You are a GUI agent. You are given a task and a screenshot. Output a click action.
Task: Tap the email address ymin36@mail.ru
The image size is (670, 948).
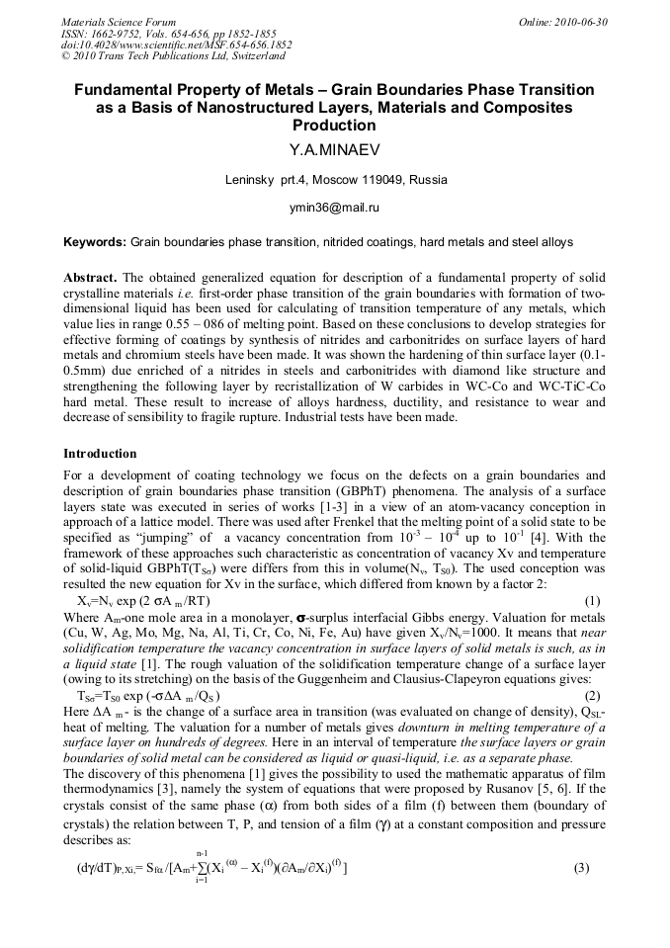click(334, 209)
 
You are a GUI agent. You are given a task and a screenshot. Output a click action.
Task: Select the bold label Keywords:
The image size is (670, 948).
click(95, 242)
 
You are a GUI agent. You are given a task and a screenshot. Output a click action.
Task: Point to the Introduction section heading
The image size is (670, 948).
click(102, 453)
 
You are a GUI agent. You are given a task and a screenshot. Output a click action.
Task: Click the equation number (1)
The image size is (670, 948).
click(593, 600)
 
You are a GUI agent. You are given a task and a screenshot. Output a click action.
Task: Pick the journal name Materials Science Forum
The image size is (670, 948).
click(119, 22)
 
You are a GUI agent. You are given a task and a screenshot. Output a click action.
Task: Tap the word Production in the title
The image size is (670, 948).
click(334, 126)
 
